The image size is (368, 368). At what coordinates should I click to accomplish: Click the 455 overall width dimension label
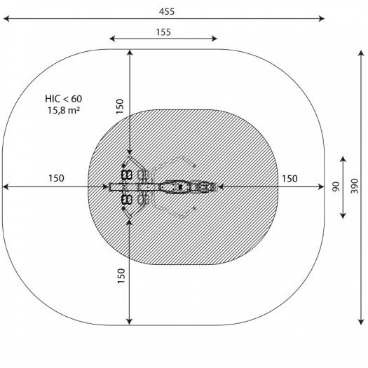pyautogui.click(x=167, y=11)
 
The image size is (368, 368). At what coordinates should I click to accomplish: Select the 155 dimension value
pyautogui.click(x=163, y=32)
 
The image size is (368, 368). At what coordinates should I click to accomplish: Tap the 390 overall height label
pyautogui.click(x=355, y=186)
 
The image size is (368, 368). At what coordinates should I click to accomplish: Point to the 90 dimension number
pyautogui.click(x=336, y=186)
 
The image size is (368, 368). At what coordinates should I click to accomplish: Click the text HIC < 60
pyautogui.click(x=64, y=99)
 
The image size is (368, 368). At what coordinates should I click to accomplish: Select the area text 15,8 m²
pyautogui.click(x=64, y=110)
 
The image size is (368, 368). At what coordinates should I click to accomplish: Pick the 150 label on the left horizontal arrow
pyautogui.click(x=56, y=178)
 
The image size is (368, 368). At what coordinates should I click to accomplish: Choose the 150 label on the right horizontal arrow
pyautogui.click(x=289, y=179)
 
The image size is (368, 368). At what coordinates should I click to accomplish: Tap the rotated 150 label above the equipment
pyautogui.click(x=120, y=107)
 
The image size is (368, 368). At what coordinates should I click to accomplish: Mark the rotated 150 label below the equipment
pyautogui.click(x=121, y=275)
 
